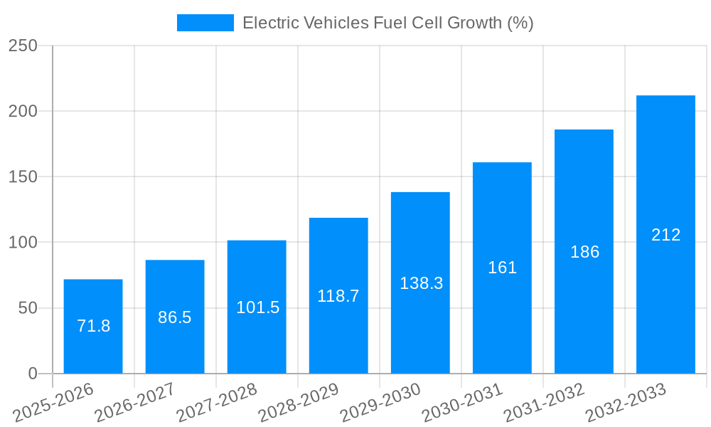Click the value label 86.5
[x=175, y=317]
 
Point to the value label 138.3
[x=421, y=283]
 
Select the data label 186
[x=584, y=252]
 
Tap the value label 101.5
[x=257, y=307]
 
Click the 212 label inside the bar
[x=665, y=235]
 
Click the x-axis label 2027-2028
[x=217, y=403]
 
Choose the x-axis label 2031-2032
[x=544, y=403]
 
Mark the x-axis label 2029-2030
[x=380, y=403]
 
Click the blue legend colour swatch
[x=205, y=23]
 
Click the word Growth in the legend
[x=474, y=23]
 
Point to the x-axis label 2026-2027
[x=135, y=403]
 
